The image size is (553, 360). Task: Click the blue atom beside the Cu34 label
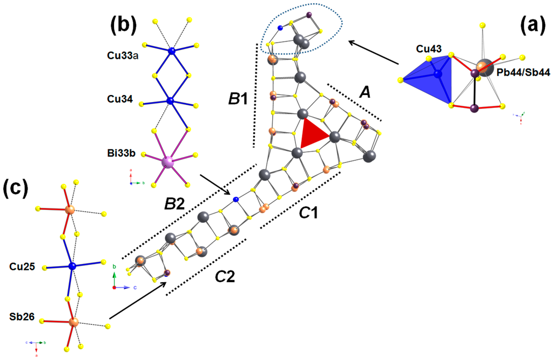pos(171,101)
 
